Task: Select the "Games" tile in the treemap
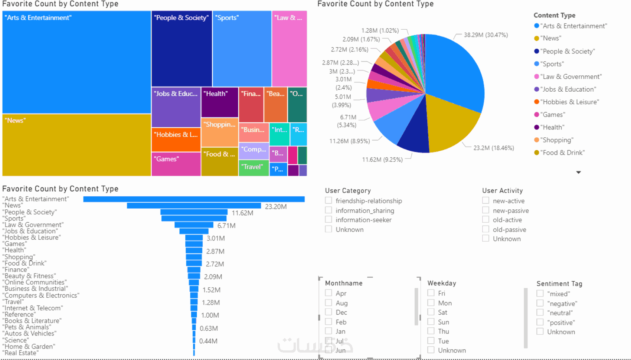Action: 176,164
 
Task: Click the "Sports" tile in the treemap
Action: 242,49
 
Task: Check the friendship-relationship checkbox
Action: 328,201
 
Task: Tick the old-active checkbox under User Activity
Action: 485,220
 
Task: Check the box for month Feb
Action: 328,322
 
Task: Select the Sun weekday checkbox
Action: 431,322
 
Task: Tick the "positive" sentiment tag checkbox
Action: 540,323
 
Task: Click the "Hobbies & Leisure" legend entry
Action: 569,102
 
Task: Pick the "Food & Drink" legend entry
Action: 562,153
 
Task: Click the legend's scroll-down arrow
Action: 578,172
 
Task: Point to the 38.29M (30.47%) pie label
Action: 485,35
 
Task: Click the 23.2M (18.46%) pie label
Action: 493,148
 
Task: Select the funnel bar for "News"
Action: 194,206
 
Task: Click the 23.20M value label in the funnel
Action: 275,207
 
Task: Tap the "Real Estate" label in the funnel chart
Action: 20,353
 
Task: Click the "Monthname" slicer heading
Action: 344,283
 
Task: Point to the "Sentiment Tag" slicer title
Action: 559,284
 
